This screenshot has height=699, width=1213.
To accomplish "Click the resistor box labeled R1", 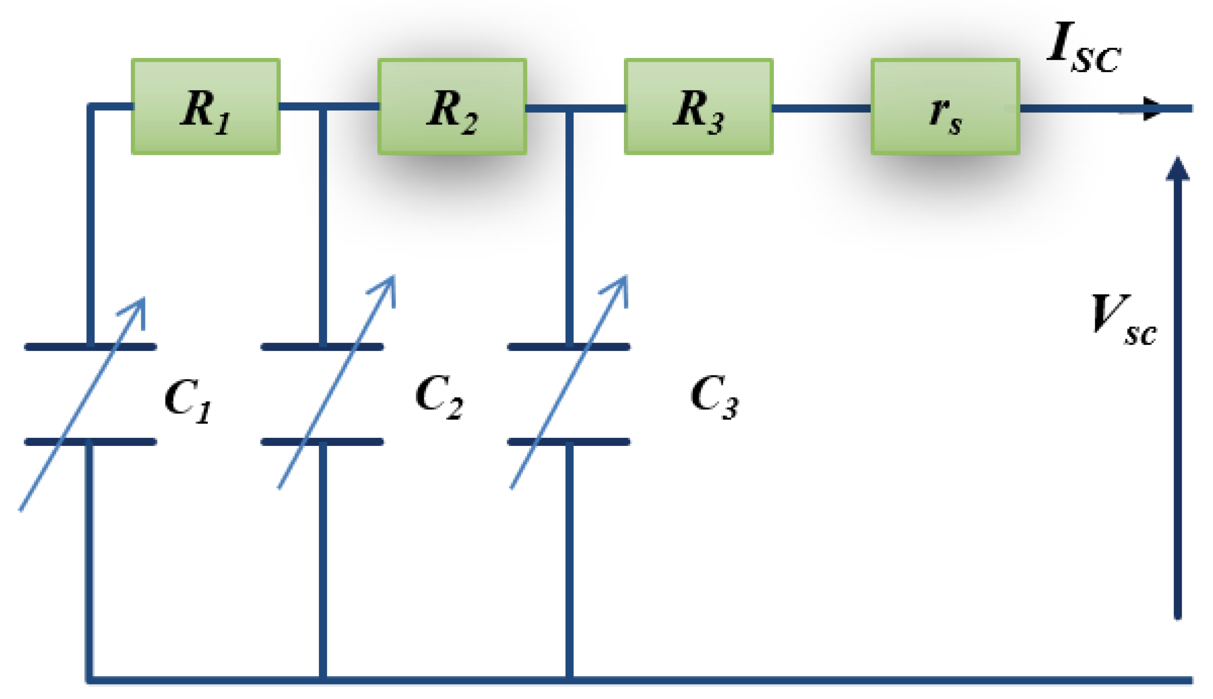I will (x=206, y=106).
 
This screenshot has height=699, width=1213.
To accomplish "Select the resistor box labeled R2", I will (x=452, y=106).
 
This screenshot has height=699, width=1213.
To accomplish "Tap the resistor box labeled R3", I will (x=699, y=106).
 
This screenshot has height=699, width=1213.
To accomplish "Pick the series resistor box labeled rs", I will (x=945, y=106).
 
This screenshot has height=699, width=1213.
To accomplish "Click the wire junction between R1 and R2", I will (x=322, y=106).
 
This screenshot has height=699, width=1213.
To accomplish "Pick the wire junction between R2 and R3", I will (x=569, y=109).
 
